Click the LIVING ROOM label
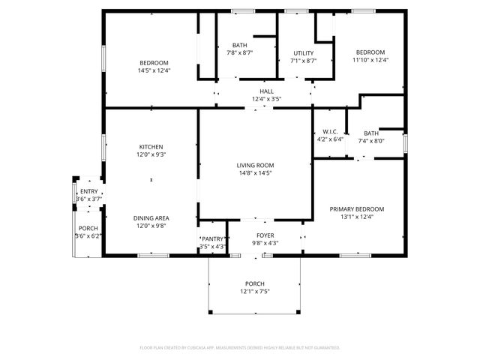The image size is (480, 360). [255, 165]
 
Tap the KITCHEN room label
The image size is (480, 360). [151, 146]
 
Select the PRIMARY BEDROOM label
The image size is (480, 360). [357, 208]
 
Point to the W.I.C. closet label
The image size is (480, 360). [329, 131]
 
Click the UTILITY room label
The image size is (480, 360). [303, 53]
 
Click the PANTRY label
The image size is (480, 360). [212, 239]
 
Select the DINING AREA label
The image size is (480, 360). [151, 217]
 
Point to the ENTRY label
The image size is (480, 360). [88, 192]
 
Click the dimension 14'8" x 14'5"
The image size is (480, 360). [255, 173]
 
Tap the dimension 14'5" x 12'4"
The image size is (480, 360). [154, 70]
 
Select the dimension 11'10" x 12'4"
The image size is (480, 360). [369, 60]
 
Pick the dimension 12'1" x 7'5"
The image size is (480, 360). [255, 291]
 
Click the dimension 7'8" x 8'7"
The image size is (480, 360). [240, 53]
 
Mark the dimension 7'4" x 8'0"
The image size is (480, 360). [370, 140]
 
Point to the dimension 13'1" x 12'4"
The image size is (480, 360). [357, 217]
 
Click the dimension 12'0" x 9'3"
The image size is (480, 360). [151, 154]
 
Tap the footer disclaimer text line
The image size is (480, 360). [240, 347]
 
